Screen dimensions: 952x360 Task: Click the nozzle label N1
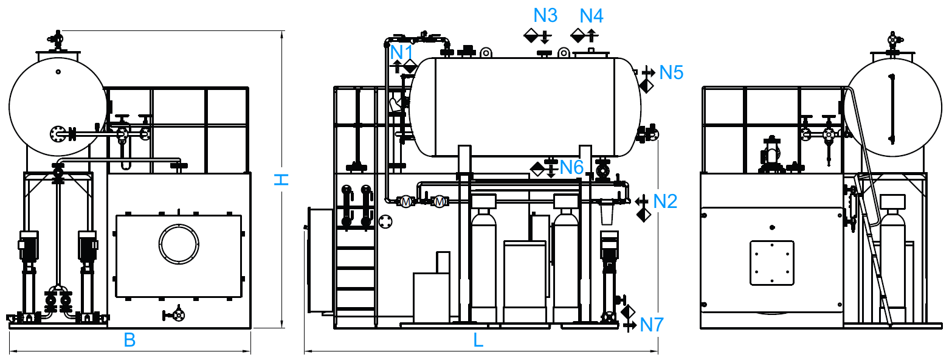401,53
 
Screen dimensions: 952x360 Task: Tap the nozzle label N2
664,201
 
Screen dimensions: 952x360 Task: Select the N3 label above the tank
545,16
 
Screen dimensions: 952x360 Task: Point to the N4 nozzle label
591,16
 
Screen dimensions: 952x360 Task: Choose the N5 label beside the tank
671,73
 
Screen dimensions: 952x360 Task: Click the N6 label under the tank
571,167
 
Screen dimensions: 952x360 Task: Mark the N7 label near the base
652,325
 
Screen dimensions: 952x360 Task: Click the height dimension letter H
281,179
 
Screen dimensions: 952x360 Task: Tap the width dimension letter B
129,340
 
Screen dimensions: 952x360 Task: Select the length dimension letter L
478,340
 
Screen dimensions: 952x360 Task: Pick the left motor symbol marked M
406,202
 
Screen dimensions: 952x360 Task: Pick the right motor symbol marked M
440,202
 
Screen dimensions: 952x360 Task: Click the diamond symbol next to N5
646,86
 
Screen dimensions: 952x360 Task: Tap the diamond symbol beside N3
531,35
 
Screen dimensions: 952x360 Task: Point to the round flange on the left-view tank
58,134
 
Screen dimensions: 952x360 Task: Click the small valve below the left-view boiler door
175,315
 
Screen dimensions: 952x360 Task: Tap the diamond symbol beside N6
537,168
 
